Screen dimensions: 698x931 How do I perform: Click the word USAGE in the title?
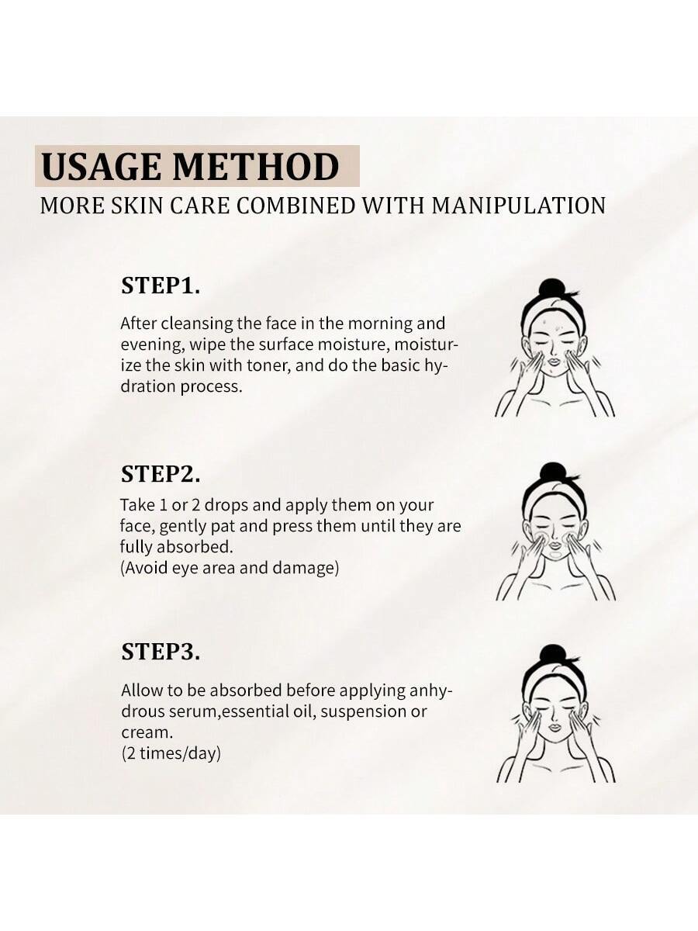coord(101,166)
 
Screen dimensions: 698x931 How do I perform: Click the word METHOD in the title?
coord(256,166)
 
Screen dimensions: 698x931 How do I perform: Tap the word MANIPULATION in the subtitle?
coord(518,206)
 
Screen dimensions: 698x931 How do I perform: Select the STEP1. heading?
coord(161,285)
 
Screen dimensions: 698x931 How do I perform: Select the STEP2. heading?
coord(161,474)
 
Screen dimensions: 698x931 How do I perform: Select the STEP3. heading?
coord(161,652)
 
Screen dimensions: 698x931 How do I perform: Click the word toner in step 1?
coord(268,365)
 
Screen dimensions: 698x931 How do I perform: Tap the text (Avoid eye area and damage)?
coord(230,568)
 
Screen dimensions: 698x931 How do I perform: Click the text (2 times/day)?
coord(171,753)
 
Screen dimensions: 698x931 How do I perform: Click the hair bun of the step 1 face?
coord(551,289)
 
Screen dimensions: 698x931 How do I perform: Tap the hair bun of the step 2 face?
coord(553,472)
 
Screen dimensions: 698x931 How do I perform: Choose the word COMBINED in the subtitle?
coord(295,206)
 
